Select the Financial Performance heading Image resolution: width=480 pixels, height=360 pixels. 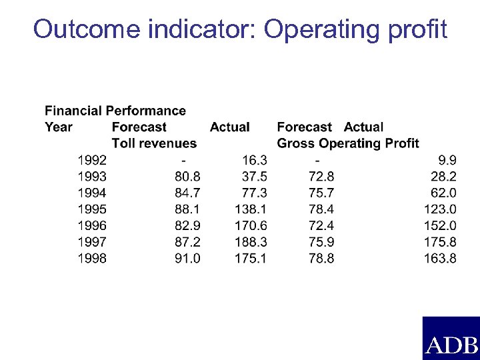115,111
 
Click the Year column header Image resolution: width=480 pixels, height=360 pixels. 59,127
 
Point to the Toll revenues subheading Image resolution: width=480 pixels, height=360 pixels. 154,143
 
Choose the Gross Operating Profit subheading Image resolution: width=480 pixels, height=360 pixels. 348,143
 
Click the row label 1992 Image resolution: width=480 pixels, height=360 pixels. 92,160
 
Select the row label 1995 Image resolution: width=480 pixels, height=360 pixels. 92,209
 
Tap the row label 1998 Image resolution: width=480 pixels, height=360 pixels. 92,258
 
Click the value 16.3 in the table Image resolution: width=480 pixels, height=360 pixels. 254,160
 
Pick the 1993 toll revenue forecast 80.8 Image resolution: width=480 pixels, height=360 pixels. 187,177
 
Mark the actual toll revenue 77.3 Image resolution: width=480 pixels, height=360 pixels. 254,193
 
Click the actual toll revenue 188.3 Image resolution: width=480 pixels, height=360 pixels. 251,242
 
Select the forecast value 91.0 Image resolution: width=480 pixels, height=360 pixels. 187,258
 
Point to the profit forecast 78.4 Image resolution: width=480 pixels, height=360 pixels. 321,209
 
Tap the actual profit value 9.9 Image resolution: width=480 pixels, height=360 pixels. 447,160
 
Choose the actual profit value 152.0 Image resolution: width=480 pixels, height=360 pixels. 440,225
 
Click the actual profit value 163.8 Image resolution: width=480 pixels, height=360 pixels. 440,258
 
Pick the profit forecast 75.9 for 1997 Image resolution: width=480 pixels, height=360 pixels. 321,242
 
